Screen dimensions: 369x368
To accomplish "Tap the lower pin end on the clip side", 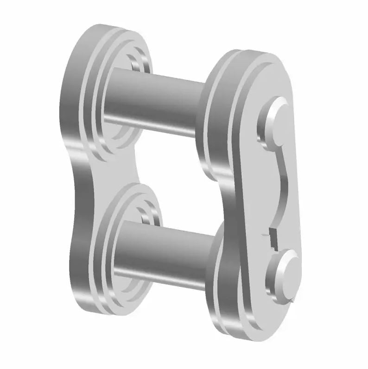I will pos(286,271).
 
